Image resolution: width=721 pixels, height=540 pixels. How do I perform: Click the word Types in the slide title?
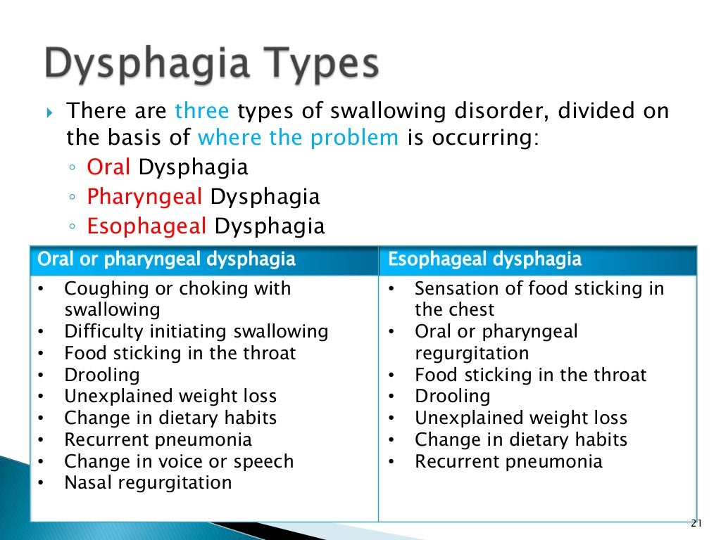pos(320,64)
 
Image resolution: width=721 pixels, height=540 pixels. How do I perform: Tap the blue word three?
pos(202,111)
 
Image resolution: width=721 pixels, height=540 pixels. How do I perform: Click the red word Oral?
pos(109,167)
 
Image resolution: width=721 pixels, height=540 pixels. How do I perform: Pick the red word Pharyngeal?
pos(145,197)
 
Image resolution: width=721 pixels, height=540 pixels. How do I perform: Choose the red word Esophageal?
pos(147,226)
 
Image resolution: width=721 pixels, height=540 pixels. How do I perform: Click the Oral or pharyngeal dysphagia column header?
pos(166,259)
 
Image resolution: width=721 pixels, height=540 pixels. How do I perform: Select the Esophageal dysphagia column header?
pos(485,259)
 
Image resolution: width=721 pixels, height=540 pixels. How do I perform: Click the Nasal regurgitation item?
pos(148,483)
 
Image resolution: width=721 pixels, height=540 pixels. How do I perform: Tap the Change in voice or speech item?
pos(179,461)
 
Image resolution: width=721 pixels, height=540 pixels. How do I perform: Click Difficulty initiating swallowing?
pos(196,331)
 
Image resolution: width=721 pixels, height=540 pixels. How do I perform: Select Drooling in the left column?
pos(102,375)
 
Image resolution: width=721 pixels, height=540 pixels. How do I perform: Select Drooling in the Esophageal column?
pos(453,397)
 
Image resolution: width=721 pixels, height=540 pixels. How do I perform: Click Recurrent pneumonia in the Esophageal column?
pos(508,461)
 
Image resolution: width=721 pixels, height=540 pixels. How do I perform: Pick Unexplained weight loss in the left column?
pos(170,397)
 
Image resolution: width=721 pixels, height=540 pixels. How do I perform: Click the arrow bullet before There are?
pos(50,112)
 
